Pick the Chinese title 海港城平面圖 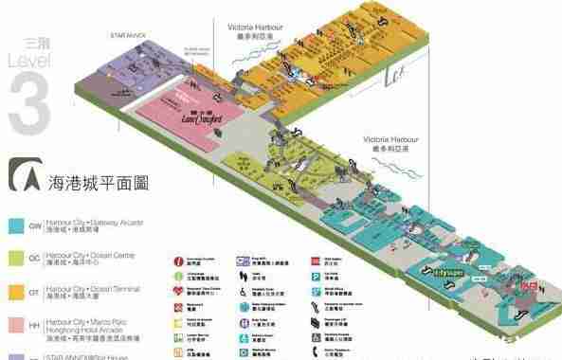[100, 182]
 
